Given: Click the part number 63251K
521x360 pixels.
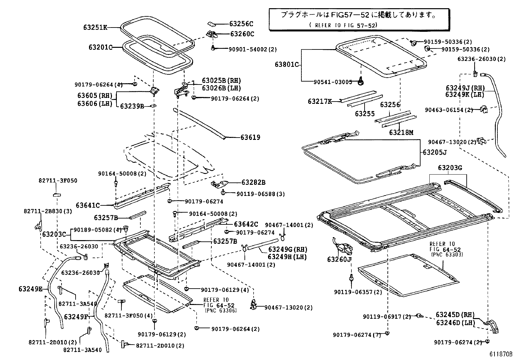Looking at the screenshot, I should point(95,28).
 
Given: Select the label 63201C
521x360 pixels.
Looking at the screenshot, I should point(100,47).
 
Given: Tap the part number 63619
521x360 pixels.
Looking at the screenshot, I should point(250,138).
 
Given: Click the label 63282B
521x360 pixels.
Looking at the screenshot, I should point(253,182).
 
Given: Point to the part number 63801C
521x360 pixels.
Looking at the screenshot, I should point(286,65).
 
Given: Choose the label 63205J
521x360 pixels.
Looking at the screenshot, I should point(435,152).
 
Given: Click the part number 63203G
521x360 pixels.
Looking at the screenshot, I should point(450,168).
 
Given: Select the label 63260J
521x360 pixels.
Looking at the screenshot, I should point(339,259).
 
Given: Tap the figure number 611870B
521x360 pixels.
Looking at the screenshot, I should point(501,354).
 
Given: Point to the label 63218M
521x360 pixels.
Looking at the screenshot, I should point(401,133).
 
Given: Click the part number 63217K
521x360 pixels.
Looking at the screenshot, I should point(319,102).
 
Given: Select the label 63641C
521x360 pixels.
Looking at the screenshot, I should point(88,205).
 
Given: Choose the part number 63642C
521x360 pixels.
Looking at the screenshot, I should point(246,224).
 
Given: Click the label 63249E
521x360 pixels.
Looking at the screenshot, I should point(30,289).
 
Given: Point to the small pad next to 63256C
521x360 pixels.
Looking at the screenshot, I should point(211,24).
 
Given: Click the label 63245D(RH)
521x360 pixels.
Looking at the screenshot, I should point(455,315).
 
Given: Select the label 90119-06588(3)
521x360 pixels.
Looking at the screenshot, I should point(260,194).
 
